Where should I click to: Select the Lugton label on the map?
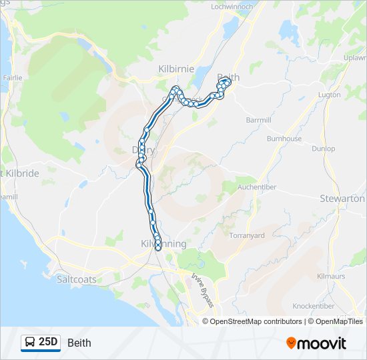click(x=330, y=95)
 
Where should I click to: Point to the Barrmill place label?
click(x=259, y=120)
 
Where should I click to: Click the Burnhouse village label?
click(x=284, y=139)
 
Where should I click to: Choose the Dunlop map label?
click(x=324, y=149)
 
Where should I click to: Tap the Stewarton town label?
click(x=342, y=199)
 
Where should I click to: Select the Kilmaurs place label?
click(x=330, y=275)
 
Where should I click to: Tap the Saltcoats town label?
click(x=77, y=280)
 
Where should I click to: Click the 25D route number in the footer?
click(x=48, y=342)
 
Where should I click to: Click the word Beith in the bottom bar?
click(x=79, y=343)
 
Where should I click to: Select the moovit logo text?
click(x=322, y=343)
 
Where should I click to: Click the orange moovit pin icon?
click(x=291, y=343)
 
